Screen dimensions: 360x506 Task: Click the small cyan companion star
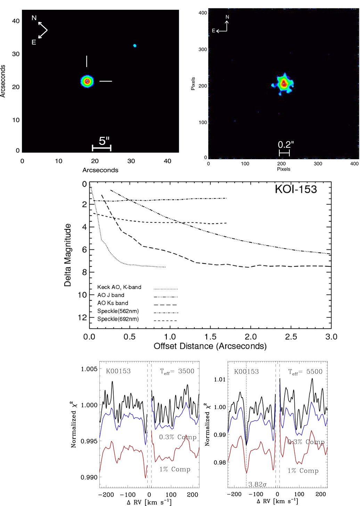click(x=135, y=46)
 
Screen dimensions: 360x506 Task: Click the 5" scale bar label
click(x=104, y=141)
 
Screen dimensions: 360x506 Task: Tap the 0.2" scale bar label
click(x=286, y=145)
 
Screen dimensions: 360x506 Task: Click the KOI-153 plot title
click(x=296, y=189)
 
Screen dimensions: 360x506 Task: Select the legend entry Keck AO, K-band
click(x=119, y=287)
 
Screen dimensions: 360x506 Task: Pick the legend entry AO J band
click(x=111, y=295)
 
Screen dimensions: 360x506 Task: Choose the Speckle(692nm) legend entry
click(x=118, y=319)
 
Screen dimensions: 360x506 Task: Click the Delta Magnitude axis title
click(x=67, y=255)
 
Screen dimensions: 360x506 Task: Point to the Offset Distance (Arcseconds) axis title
click(x=210, y=346)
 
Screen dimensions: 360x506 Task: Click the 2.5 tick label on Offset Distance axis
click(x=291, y=336)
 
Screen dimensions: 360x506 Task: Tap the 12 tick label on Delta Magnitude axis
click(x=82, y=318)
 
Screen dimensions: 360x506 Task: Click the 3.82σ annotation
click(x=257, y=484)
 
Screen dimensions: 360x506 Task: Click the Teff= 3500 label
click(x=177, y=371)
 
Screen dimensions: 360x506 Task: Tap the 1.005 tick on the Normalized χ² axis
click(x=89, y=369)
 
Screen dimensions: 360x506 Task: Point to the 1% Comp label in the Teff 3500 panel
click(x=175, y=469)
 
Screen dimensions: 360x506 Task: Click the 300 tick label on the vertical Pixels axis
click(x=203, y=49)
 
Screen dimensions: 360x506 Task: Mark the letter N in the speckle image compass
click(x=227, y=17)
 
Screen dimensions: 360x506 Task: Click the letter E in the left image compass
click(x=34, y=42)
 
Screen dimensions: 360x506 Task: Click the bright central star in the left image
click(x=87, y=81)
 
